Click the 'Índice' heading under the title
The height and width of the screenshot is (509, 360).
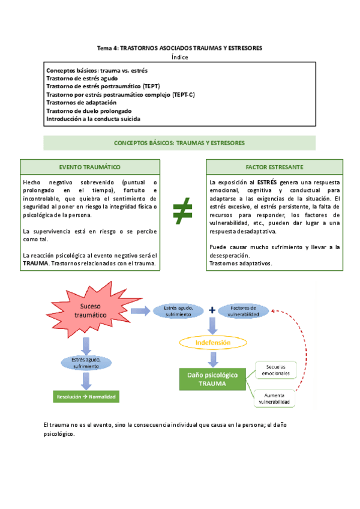[179, 57]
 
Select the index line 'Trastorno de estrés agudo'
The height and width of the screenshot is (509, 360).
[82, 78]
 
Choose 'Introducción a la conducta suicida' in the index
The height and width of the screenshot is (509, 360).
[93, 119]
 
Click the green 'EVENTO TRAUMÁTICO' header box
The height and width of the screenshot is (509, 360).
[89, 166]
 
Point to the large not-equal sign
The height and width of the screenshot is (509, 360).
[182, 212]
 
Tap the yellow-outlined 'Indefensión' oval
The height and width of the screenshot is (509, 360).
[212, 343]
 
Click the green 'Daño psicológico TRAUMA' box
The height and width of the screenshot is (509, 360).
[209, 379]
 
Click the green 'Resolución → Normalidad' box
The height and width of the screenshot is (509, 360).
[87, 397]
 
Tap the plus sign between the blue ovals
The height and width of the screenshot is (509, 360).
[212, 310]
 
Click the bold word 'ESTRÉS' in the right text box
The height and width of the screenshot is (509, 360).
[267, 181]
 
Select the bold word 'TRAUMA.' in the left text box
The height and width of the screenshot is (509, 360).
[36, 264]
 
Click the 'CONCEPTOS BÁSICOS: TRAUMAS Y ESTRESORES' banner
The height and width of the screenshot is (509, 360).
[179, 143]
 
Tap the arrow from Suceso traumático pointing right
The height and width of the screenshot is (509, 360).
[140, 310]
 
